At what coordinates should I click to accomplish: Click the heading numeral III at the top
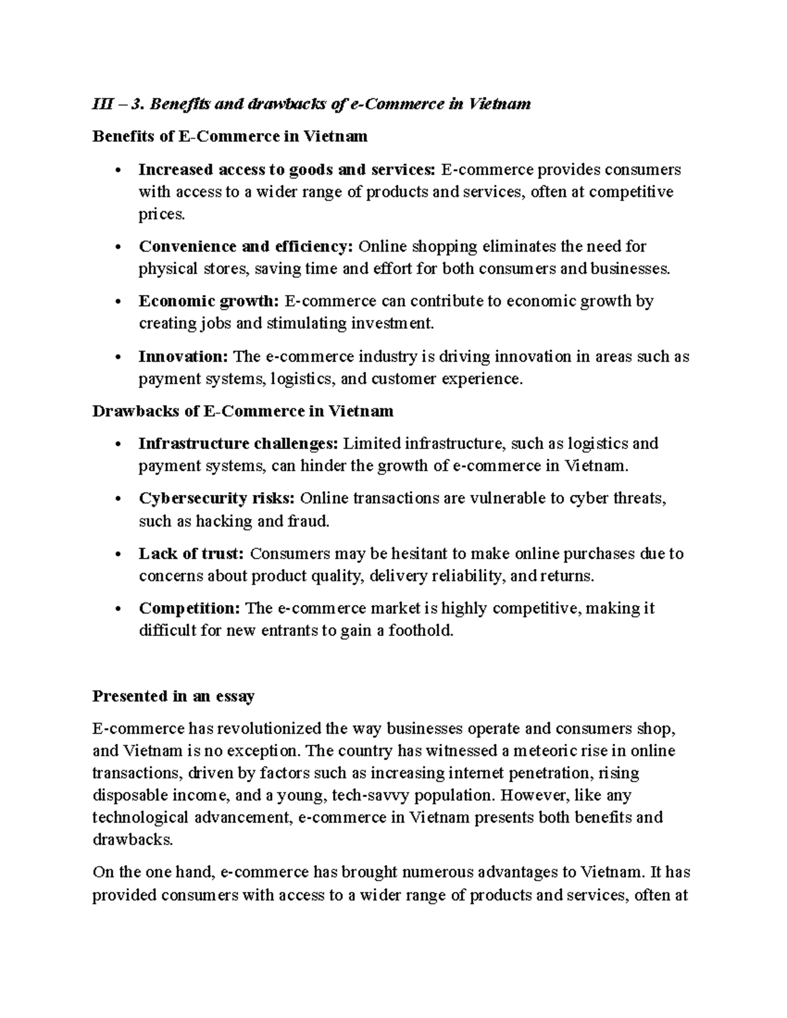coord(102,104)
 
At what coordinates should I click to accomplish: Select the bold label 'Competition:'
coord(190,608)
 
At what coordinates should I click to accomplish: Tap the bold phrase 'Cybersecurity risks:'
coord(216,498)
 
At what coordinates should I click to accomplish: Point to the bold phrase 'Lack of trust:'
coord(191,554)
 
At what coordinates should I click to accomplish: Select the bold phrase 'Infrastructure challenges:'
coord(238,444)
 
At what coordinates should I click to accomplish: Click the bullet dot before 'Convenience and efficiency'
coord(118,248)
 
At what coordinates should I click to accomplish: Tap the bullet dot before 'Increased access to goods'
coord(118,171)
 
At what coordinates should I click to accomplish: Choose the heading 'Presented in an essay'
coord(173,696)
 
